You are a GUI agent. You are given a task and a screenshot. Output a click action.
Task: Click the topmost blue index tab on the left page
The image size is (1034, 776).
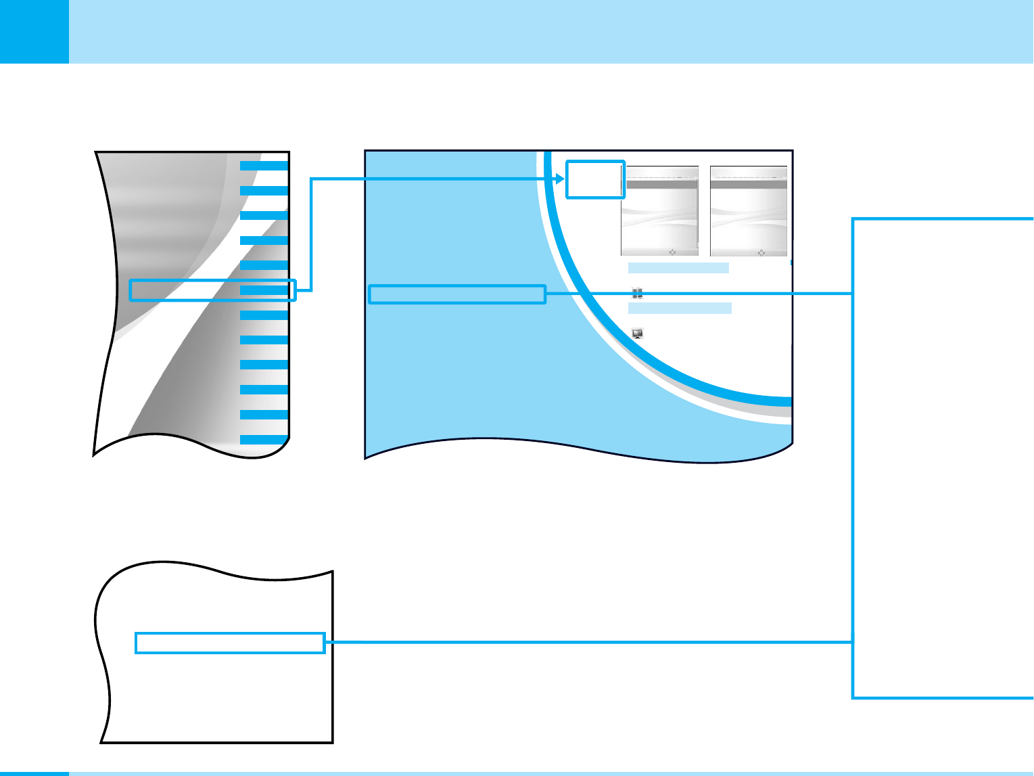[x=264, y=165]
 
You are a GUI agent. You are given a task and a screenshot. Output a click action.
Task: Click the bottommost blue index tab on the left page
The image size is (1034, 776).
[x=264, y=440]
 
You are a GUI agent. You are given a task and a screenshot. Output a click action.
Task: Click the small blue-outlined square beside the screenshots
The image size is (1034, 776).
[x=595, y=179]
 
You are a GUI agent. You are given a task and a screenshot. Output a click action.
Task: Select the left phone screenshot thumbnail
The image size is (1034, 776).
[x=659, y=211]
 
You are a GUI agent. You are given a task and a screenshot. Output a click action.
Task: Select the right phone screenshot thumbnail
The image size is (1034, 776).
[x=749, y=211]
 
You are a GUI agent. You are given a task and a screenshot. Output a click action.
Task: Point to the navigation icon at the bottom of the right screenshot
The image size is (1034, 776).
[x=761, y=252]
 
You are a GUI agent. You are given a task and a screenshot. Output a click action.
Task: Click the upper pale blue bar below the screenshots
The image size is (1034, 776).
[x=678, y=268]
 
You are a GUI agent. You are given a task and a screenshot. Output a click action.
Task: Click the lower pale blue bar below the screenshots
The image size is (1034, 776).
[x=680, y=309]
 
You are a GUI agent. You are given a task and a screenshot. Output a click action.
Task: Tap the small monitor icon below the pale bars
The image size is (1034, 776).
[x=637, y=334]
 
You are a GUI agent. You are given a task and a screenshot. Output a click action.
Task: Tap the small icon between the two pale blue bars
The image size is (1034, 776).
[x=637, y=293]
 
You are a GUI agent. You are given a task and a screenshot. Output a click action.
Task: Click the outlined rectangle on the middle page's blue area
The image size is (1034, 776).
[x=457, y=294]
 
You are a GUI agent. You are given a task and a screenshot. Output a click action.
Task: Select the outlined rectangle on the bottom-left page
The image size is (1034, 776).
[x=230, y=643]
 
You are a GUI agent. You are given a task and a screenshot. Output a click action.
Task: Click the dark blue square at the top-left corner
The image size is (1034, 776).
[x=34, y=31]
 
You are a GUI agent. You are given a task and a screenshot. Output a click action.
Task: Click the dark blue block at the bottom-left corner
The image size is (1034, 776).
[x=34, y=773]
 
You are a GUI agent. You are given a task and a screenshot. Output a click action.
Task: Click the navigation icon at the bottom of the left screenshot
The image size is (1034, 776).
[x=672, y=252]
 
